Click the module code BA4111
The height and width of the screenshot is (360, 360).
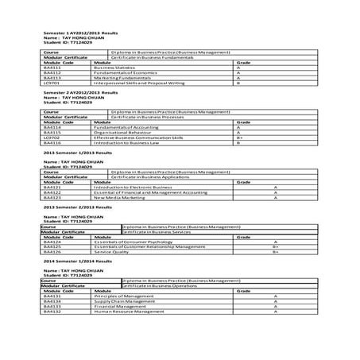tap(53, 69)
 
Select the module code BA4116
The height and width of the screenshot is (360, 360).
tap(53, 141)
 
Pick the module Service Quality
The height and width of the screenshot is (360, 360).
tap(112, 251)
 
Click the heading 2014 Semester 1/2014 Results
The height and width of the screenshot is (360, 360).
tap(76, 261)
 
